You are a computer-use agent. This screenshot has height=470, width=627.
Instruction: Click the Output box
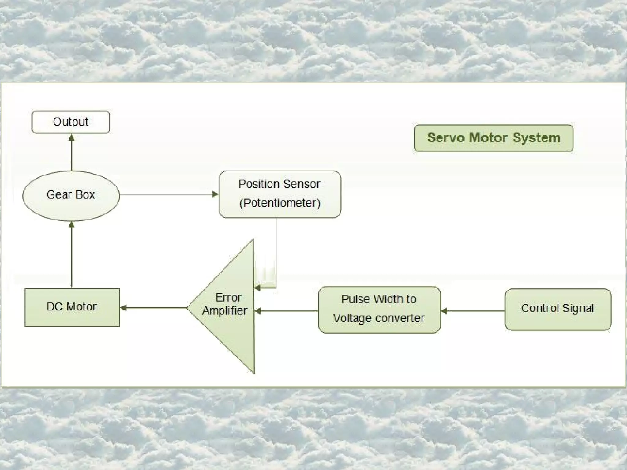(x=71, y=122)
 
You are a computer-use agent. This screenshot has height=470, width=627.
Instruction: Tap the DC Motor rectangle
(x=72, y=307)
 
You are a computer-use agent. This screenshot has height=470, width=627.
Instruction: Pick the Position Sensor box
(x=280, y=194)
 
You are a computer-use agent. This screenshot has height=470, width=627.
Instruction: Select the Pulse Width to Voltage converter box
(x=379, y=309)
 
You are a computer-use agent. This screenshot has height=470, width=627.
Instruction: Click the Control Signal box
(x=558, y=309)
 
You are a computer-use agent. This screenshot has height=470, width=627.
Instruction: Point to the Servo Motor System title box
(x=494, y=138)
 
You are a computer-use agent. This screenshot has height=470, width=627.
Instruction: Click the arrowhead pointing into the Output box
(x=71, y=137)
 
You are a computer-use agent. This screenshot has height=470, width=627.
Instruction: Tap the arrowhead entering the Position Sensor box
(x=215, y=194)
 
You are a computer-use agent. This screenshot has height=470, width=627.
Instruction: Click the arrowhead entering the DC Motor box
(x=124, y=308)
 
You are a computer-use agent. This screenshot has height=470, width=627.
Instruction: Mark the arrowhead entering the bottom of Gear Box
(x=71, y=225)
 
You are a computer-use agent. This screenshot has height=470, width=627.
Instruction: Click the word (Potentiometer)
(x=280, y=203)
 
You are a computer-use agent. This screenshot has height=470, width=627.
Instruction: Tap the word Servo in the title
(x=445, y=138)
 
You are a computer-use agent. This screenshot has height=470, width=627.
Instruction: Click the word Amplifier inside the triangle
(x=224, y=311)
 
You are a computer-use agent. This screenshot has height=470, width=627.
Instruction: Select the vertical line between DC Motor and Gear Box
(x=71, y=257)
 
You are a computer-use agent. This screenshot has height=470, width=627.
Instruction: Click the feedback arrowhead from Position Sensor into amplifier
(x=257, y=288)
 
